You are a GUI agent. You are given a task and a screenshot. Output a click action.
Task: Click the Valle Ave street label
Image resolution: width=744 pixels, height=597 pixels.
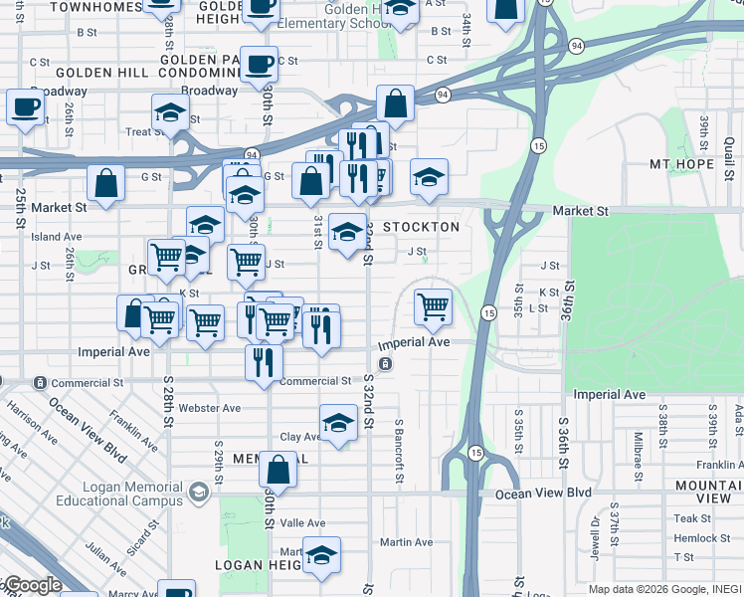[302, 522]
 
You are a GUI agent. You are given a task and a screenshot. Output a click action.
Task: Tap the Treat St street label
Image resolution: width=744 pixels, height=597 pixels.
[144, 131]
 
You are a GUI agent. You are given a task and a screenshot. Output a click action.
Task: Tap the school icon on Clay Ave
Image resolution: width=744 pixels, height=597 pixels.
[338, 423]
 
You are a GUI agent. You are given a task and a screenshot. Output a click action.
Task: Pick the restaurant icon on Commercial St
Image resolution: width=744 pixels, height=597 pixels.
[264, 361]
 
